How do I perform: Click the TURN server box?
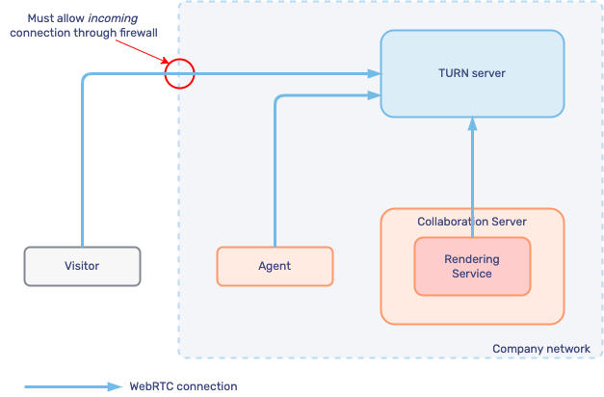[x=471, y=73]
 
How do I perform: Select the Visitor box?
[x=82, y=266]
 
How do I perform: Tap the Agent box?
[x=275, y=266]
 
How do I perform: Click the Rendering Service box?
[x=472, y=266]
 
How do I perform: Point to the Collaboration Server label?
[x=472, y=222]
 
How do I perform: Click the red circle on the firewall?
[x=179, y=73]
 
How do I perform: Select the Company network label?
[x=540, y=349]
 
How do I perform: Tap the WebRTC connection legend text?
[x=183, y=386]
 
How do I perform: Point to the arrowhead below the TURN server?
[x=472, y=123]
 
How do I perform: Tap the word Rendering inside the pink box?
[x=472, y=259]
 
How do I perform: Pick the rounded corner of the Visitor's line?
[x=85, y=76]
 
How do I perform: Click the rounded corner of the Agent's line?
[x=278, y=97]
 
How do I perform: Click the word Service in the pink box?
[x=472, y=274]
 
